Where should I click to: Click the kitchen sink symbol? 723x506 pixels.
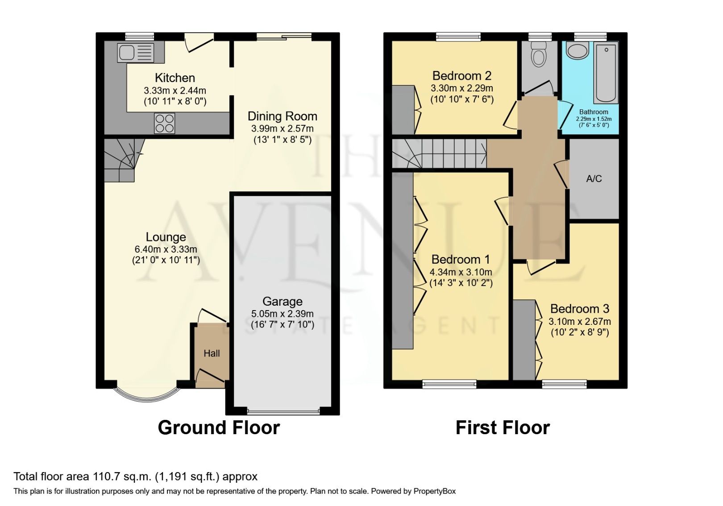(135, 53)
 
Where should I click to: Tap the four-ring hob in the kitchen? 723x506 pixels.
(164, 123)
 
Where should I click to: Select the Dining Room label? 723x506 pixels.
(282, 116)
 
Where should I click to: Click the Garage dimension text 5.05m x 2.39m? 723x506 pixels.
(282, 314)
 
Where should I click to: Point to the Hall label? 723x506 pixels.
(212, 353)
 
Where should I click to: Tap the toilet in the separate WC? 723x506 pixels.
(540, 55)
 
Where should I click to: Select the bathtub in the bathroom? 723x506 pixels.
(606, 72)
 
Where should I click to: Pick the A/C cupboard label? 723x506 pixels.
(594, 179)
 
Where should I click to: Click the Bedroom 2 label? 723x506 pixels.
(462, 76)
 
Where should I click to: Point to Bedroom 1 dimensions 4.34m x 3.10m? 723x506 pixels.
(461, 272)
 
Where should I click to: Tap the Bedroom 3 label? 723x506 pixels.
(579, 309)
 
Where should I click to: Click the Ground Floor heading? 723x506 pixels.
(219, 427)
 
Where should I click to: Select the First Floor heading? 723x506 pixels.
(503, 427)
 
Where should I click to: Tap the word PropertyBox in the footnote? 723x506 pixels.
(434, 491)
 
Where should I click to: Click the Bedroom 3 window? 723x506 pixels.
(564, 384)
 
